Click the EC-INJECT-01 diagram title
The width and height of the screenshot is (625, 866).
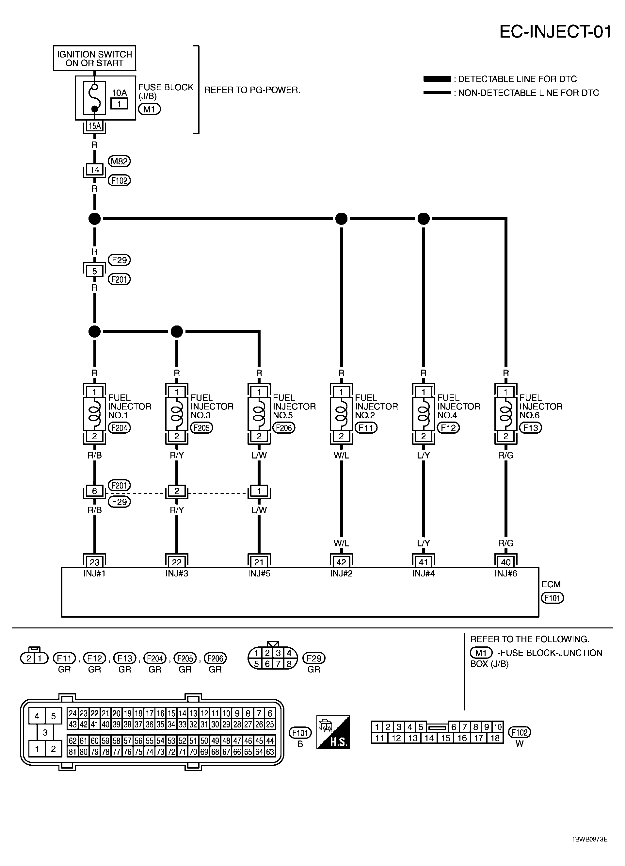point(555,32)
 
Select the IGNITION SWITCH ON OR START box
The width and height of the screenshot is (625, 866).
point(94,58)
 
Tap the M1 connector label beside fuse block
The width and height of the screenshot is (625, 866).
point(149,109)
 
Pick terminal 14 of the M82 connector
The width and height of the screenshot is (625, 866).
point(95,170)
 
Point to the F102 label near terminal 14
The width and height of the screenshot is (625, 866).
point(119,180)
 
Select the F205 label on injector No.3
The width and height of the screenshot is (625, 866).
point(201,428)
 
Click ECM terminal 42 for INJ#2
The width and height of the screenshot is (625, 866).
point(341,562)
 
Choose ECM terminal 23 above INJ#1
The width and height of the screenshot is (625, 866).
point(95,562)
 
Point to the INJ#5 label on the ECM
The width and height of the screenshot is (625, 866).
point(259,574)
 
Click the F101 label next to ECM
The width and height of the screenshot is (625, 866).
point(552,598)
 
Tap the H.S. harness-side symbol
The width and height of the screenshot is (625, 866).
point(333,732)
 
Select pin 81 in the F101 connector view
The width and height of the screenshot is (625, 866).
point(72,752)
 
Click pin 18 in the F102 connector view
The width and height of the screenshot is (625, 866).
point(495,738)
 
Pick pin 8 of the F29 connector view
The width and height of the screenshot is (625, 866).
point(289,664)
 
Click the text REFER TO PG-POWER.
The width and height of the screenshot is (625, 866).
point(252,90)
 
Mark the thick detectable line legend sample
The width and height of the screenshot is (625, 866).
point(437,79)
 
